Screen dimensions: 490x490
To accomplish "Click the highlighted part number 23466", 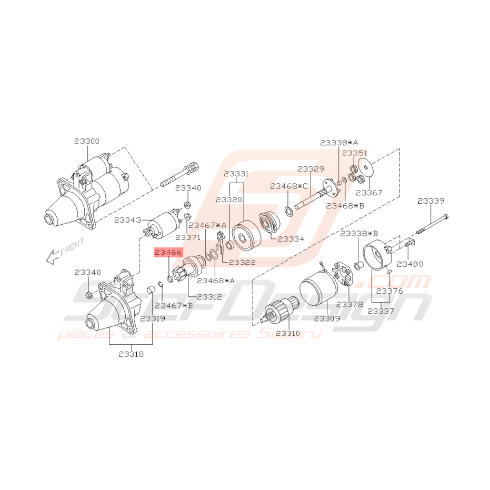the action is click(168, 252).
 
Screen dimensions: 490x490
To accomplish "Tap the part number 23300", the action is click(87, 141).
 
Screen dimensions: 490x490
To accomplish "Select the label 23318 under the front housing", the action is click(131, 354).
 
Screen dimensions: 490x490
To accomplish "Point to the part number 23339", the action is click(431, 201).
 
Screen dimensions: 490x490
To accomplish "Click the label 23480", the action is click(409, 264).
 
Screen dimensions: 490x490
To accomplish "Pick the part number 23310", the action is click(288, 334).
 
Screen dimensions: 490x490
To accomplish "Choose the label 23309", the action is click(327, 318).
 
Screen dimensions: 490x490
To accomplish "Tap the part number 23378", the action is click(349, 304).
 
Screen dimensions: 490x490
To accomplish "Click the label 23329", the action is click(311, 169).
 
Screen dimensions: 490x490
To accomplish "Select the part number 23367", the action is click(369, 193).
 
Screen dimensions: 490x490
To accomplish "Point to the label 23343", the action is click(127, 220).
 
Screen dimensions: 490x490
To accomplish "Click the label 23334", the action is click(291, 239).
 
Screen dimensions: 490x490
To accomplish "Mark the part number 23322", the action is click(242, 262).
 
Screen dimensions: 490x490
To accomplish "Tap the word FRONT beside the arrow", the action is click(73, 246).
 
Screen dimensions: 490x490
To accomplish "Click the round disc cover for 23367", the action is click(366, 168).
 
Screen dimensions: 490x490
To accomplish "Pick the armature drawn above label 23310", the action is click(279, 310).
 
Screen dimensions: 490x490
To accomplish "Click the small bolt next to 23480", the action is click(409, 242).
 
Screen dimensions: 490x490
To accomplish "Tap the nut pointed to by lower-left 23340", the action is click(89, 295).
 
